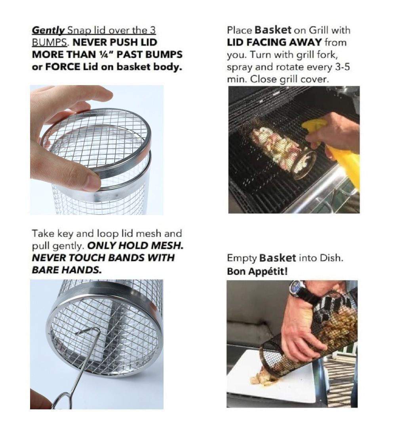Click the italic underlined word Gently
48,30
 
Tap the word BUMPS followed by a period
50,42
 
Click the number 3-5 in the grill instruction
343,67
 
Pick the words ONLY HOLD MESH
135,245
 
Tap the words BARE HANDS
67,270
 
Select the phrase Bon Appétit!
257,271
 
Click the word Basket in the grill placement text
273,30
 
